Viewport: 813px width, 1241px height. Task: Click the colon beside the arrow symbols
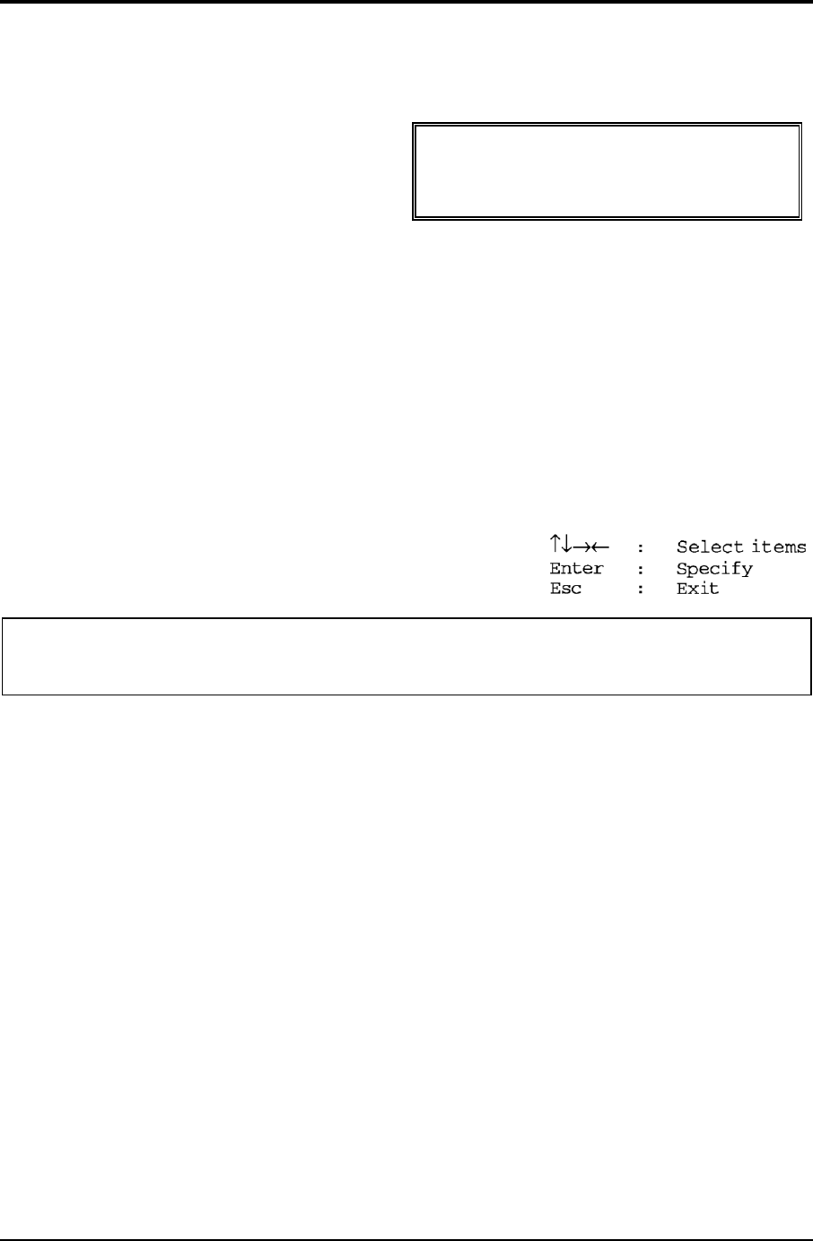[640, 547]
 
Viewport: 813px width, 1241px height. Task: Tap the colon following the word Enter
[640, 569]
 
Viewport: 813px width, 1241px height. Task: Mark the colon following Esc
[640, 590]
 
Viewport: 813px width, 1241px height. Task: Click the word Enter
[576, 569]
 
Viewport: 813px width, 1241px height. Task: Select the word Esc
[565, 590]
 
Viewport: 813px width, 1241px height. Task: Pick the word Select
[710, 546]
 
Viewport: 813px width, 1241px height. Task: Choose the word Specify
[714, 569]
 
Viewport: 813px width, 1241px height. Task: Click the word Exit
[697, 590]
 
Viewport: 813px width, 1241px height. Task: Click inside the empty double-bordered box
[607, 171]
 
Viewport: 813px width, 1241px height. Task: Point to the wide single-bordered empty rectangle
[406, 656]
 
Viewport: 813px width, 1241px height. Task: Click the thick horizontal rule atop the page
[406, 2]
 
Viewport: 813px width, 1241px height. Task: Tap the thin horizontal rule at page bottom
[406, 1239]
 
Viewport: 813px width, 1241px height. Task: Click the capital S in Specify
[682, 569]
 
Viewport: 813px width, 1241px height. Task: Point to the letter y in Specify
[747, 571]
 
